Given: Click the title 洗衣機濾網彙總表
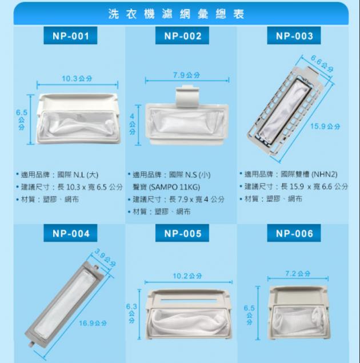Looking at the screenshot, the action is pyautogui.click(x=177, y=14).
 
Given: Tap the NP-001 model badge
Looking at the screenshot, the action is pyautogui.click(x=70, y=35).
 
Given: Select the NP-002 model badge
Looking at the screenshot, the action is pyautogui.click(x=182, y=35).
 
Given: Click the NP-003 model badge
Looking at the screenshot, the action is pyautogui.click(x=294, y=35).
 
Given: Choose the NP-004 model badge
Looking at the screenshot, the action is pyautogui.click(x=70, y=233).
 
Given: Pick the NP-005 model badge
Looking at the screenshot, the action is pyautogui.click(x=182, y=233).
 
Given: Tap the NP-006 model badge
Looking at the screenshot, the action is pyautogui.click(x=294, y=233).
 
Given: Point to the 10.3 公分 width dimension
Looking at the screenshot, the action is pyautogui.click(x=77, y=79).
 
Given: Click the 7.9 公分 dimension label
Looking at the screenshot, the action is pyautogui.click(x=186, y=75).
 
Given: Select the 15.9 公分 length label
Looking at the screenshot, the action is pyautogui.click(x=325, y=126).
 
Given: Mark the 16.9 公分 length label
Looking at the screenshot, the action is pyautogui.click(x=93, y=323).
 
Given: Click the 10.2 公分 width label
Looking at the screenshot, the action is pyautogui.click(x=187, y=276).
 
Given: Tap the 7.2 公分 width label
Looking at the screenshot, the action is pyautogui.click(x=298, y=274).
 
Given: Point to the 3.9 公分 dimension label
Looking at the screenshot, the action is pyautogui.click(x=105, y=257).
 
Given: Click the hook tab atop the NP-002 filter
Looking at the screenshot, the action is pyautogui.click(x=187, y=97).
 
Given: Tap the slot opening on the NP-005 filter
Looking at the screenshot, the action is pyautogui.click(x=189, y=300).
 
